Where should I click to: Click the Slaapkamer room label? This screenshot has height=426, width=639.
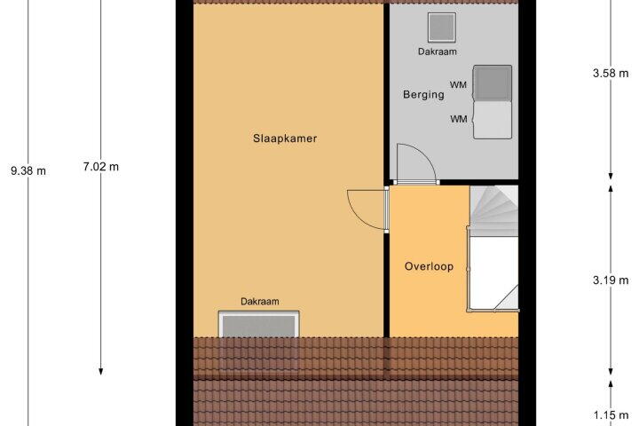pyautogui.click(x=285, y=138)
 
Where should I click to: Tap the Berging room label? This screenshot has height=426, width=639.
pyautogui.click(x=423, y=95)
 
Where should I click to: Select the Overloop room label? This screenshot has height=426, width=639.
pyautogui.click(x=429, y=266)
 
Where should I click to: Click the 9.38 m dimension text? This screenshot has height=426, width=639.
pyautogui.click(x=28, y=170)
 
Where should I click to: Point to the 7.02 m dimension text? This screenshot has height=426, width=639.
pyautogui.click(x=101, y=167)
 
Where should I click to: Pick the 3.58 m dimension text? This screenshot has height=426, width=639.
pyautogui.click(x=611, y=74)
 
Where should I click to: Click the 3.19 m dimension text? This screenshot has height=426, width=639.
pyautogui.click(x=611, y=280)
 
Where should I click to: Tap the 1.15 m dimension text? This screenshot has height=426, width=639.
pyautogui.click(x=611, y=415)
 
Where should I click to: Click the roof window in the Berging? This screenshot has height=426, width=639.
pyautogui.click(x=442, y=28)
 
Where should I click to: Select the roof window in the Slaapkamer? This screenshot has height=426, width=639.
pyautogui.click(x=259, y=325)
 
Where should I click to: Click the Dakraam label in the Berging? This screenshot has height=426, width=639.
pyautogui.click(x=438, y=51)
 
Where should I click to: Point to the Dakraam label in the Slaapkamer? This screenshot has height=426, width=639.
pyautogui.click(x=260, y=302)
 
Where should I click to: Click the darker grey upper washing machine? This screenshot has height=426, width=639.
pyautogui.click(x=493, y=83)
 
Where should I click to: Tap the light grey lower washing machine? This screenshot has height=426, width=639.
pyautogui.click(x=493, y=121)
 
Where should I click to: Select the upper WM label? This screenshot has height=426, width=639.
pyautogui.click(x=458, y=85)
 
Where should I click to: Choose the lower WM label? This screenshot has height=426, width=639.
pyautogui.click(x=459, y=120)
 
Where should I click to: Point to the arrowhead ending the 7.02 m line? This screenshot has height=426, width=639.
pyautogui.click(x=100, y=371)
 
